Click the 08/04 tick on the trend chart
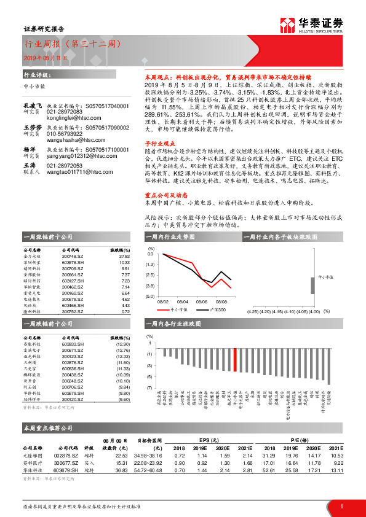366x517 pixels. tap(183, 301)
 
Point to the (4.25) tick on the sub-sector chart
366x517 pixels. tap(253, 311)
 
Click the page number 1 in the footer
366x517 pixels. tap(341, 506)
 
